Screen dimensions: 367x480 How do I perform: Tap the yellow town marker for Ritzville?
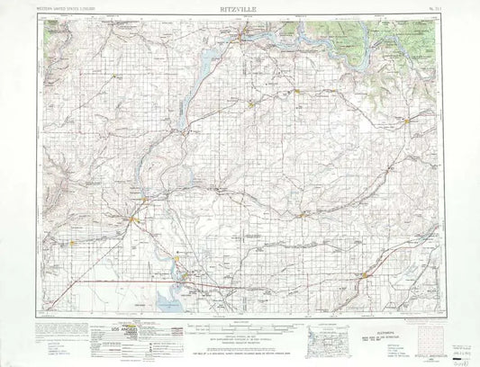pyautogui.click(x=364, y=275)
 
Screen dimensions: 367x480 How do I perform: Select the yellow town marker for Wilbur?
pyautogui.click(x=253, y=103)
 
